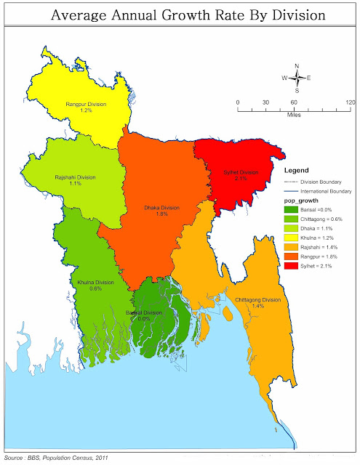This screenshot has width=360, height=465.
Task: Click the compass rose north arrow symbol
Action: [x=296, y=77]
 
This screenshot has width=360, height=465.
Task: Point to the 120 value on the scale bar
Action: [x=351, y=102]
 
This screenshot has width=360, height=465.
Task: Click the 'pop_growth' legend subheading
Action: [x=302, y=201]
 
